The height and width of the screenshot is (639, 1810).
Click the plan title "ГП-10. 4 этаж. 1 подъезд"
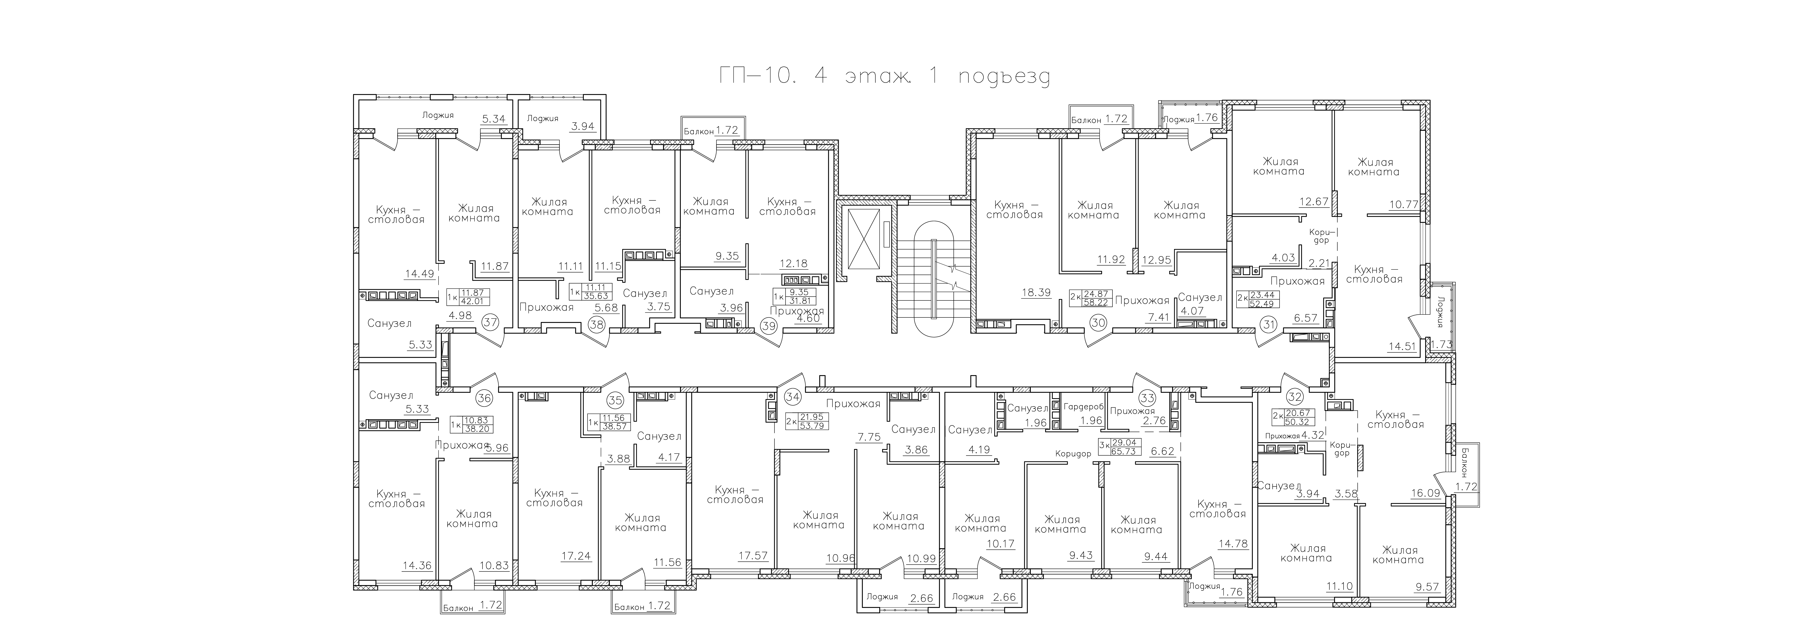[x=885, y=76]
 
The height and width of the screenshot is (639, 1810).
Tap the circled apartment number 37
[x=490, y=323]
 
